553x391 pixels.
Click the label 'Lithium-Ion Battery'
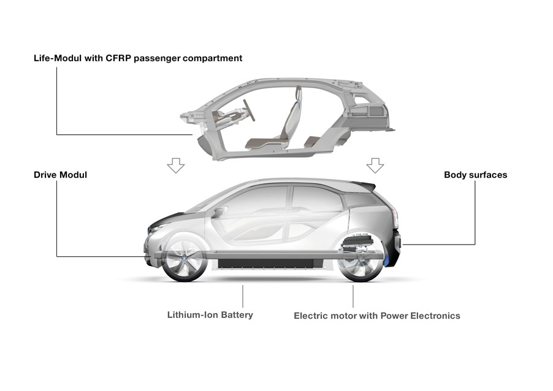pos(210,315)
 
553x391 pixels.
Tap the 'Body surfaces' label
pos(475,175)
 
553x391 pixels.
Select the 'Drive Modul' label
pos(60,175)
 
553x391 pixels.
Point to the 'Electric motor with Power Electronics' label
pos(376,316)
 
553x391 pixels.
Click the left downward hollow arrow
pos(176,165)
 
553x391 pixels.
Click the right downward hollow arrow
pos(375,165)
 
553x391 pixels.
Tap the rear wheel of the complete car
pos(361,261)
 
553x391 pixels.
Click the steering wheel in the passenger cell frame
pos(248,110)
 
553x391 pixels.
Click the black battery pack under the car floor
pos(270,264)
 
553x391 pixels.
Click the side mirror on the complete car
pos(218,213)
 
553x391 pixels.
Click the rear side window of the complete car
pos(316,197)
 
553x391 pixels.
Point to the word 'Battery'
pos(235,315)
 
